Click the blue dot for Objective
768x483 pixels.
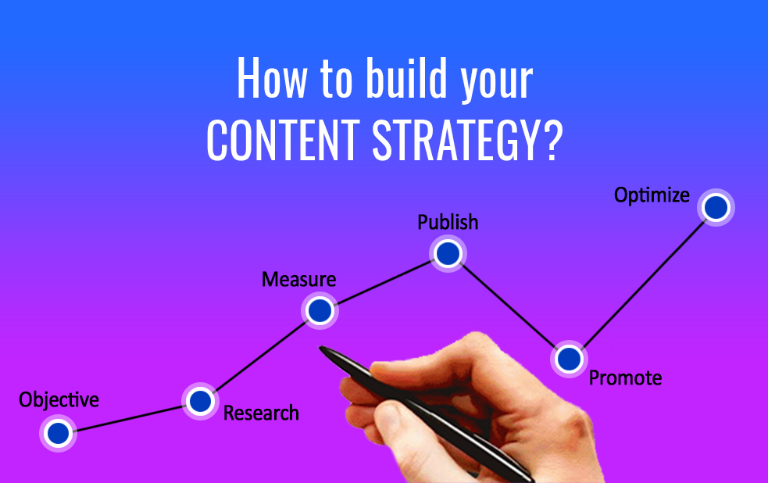tap(59, 433)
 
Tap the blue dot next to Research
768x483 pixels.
tap(200, 401)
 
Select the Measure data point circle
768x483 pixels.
tap(320, 310)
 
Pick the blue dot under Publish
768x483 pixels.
tap(448, 254)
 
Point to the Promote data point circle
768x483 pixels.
tap(569, 359)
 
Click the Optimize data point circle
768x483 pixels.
tap(716, 207)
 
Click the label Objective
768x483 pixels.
tap(59, 400)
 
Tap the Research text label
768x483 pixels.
tap(261, 413)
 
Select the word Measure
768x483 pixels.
tap(298, 279)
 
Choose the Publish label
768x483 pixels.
tap(448, 222)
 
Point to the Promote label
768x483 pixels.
tap(626, 377)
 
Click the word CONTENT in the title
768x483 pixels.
tap(284, 140)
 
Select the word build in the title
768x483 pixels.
tap(406, 78)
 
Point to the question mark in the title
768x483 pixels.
tap(552, 140)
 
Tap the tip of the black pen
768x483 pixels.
tap(320, 347)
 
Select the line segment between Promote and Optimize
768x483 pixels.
tap(643, 283)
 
